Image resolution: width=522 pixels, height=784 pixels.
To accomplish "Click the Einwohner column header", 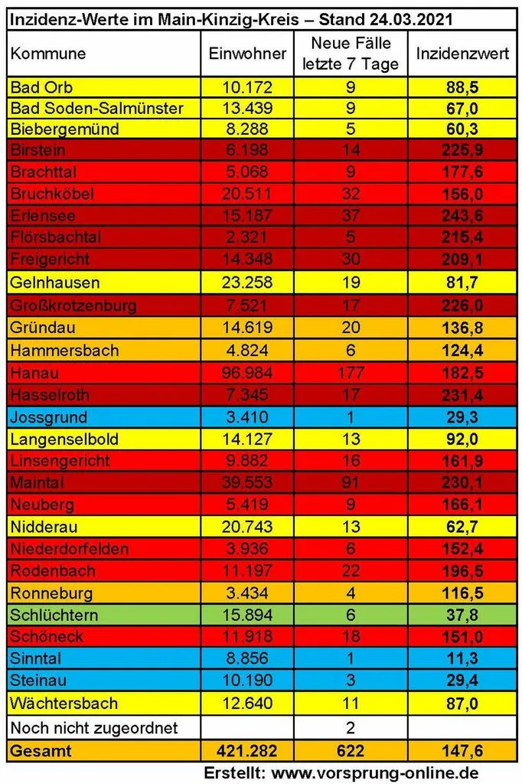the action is click(247, 54).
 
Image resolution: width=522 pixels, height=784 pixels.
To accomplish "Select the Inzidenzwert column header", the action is click(462, 54).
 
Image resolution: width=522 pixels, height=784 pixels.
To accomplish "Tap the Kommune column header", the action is click(48, 54).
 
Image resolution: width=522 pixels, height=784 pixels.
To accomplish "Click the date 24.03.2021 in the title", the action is click(412, 19).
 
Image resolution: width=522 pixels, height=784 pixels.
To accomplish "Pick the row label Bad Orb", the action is click(41, 87).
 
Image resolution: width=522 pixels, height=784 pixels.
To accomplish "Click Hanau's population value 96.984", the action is click(247, 373).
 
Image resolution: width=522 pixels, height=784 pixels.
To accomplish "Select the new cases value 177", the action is click(351, 373).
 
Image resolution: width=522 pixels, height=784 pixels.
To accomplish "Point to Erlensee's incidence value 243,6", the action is click(462, 216).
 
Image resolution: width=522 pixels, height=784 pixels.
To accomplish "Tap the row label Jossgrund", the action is click(48, 417).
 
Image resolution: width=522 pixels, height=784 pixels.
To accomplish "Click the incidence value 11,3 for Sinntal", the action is click(462, 658).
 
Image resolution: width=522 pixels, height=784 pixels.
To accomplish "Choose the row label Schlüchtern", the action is click(54, 615).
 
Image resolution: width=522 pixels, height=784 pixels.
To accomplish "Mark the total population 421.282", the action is click(247, 750).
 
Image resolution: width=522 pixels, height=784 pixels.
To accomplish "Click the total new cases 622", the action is click(351, 750).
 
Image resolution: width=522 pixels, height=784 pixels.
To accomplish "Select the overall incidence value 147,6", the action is click(462, 750).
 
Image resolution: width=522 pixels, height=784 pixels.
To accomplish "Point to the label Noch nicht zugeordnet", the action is click(94, 727).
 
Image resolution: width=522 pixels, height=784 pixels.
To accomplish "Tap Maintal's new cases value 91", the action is click(351, 482).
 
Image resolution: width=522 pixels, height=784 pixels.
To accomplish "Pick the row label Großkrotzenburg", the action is click(73, 305).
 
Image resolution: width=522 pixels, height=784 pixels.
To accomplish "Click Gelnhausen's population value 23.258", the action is click(247, 283).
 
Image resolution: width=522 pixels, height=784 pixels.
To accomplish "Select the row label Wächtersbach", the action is click(64, 704).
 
